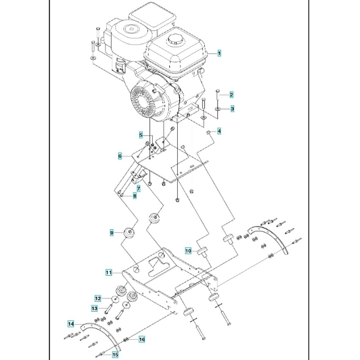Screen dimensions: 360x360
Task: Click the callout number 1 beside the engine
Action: (219, 53)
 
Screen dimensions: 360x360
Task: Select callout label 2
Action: (231, 95)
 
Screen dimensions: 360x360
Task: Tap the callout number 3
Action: (233, 108)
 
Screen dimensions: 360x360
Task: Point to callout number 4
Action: (219, 131)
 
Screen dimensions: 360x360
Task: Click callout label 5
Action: (141, 135)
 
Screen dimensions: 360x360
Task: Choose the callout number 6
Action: (120, 156)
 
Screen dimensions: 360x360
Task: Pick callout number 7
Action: (138, 189)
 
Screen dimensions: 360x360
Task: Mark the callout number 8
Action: (134, 196)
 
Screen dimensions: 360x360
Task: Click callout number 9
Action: (112, 233)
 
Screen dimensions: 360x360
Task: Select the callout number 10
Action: (188, 251)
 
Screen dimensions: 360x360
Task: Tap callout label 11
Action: (108, 273)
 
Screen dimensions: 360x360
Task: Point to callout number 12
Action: (98, 298)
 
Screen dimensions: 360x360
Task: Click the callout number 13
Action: (94, 309)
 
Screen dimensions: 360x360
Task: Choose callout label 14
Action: (71, 324)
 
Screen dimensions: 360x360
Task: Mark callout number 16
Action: (141, 339)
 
